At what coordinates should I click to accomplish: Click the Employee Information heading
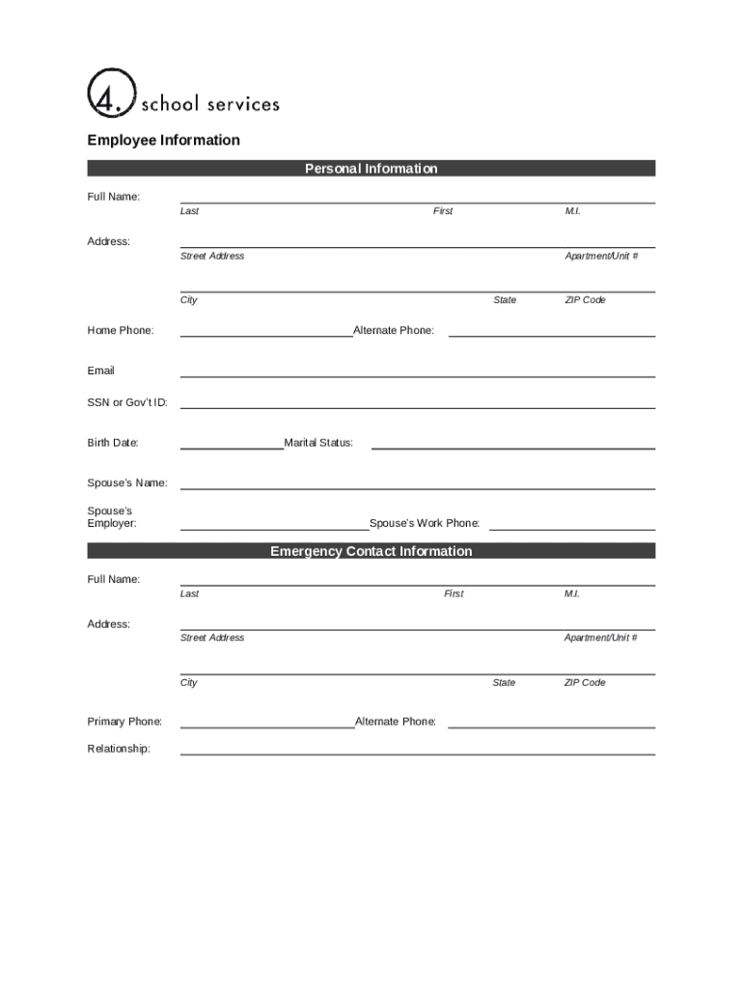click(164, 140)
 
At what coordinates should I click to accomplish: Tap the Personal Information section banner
click(371, 169)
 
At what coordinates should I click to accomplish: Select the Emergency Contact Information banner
click(371, 552)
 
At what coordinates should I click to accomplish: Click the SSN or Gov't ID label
click(127, 402)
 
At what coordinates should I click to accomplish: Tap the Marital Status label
click(318, 443)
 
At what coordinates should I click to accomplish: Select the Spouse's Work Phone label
click(425, 523)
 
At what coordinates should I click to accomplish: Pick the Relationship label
click(119, 749)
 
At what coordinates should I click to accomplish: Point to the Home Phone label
click(121, 331)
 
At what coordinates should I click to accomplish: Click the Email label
click(101, 370)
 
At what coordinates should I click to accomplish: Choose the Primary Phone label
click(124, 722)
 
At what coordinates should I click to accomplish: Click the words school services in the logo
click(210, 103)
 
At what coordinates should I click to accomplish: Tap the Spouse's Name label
click(127, 482)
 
